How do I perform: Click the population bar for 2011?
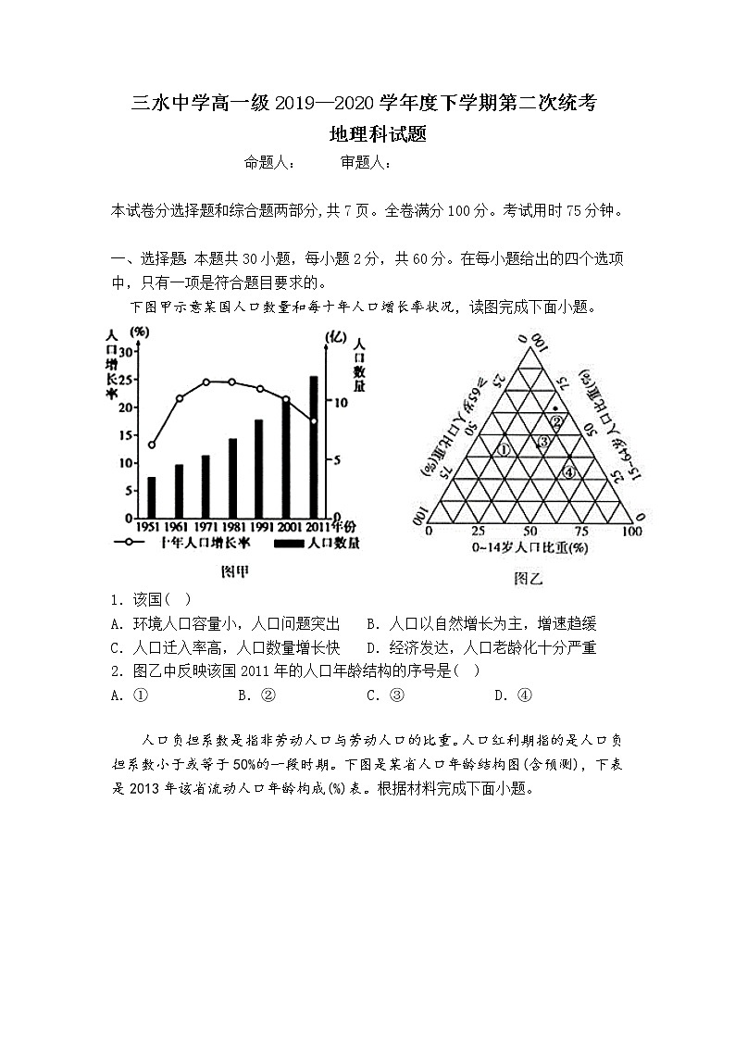314,447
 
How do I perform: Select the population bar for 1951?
152,497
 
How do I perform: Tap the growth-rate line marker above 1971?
206,382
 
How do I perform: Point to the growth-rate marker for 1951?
152,445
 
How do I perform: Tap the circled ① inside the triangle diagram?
505,450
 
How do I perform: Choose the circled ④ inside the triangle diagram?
570,472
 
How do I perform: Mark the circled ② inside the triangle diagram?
556,422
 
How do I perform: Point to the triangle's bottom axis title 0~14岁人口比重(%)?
530,547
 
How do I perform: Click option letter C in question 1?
116,647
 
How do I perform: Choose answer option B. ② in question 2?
256,695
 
